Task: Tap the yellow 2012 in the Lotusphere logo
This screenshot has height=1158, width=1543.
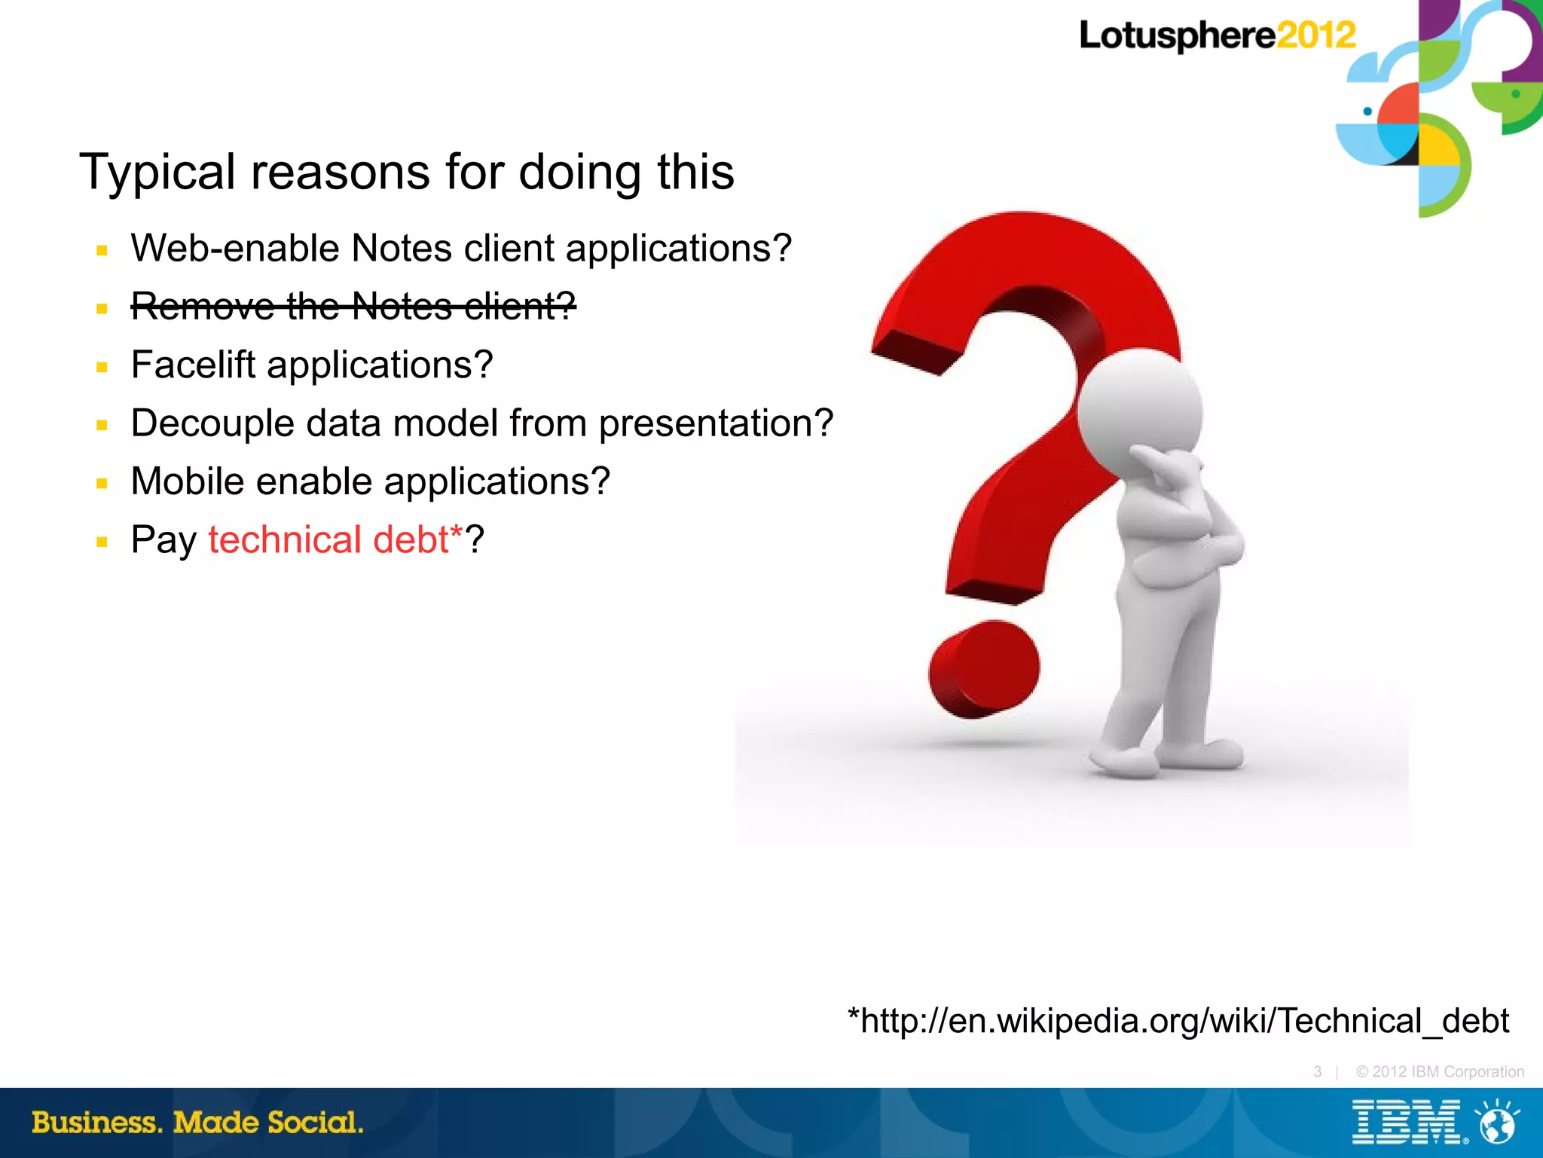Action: coord(1315,35)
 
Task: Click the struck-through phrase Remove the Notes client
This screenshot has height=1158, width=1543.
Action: coord(353,306)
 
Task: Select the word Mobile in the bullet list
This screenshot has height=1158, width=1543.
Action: coord(187,481)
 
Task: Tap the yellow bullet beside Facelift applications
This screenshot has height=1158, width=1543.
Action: coord(102,367)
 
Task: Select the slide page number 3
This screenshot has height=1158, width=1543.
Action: coord(1317,1071)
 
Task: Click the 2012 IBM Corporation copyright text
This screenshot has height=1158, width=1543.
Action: coord(1439,1071)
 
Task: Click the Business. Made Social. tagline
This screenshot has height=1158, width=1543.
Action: coord(197,1123)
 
